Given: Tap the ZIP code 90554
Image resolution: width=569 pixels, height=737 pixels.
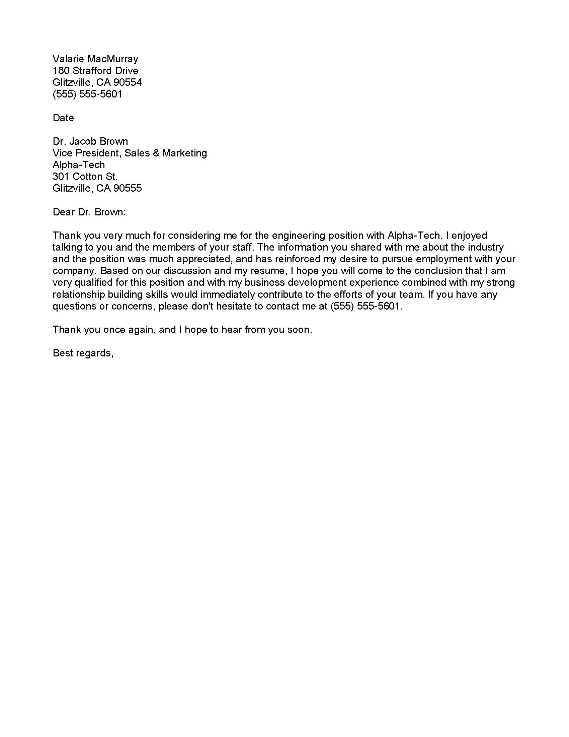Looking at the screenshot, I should [128, 82].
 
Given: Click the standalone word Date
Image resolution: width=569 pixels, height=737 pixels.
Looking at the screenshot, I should [63, 118].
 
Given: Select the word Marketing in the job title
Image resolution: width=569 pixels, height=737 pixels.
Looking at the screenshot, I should [184, 153].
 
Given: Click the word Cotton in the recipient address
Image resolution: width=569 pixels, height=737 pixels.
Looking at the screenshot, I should [87, 177].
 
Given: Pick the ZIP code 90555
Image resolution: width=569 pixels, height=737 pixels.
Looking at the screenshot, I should [128, 188].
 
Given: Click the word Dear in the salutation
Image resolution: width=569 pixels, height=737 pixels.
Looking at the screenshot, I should [64, 212].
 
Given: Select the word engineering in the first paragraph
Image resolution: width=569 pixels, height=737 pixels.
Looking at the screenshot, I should [299, 236].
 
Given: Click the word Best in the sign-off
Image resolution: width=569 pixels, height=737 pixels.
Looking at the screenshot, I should [63, 353].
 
